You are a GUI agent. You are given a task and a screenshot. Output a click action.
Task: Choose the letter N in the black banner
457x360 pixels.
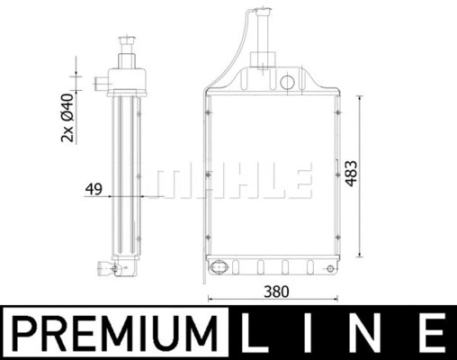coord(372,333)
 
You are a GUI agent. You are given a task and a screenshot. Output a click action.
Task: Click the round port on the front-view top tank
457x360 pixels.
coord(287,84)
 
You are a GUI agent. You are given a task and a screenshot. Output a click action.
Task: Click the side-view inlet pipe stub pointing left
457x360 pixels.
coord(100,85)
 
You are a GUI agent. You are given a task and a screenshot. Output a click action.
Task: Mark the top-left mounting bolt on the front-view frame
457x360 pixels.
coord(209,113)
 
